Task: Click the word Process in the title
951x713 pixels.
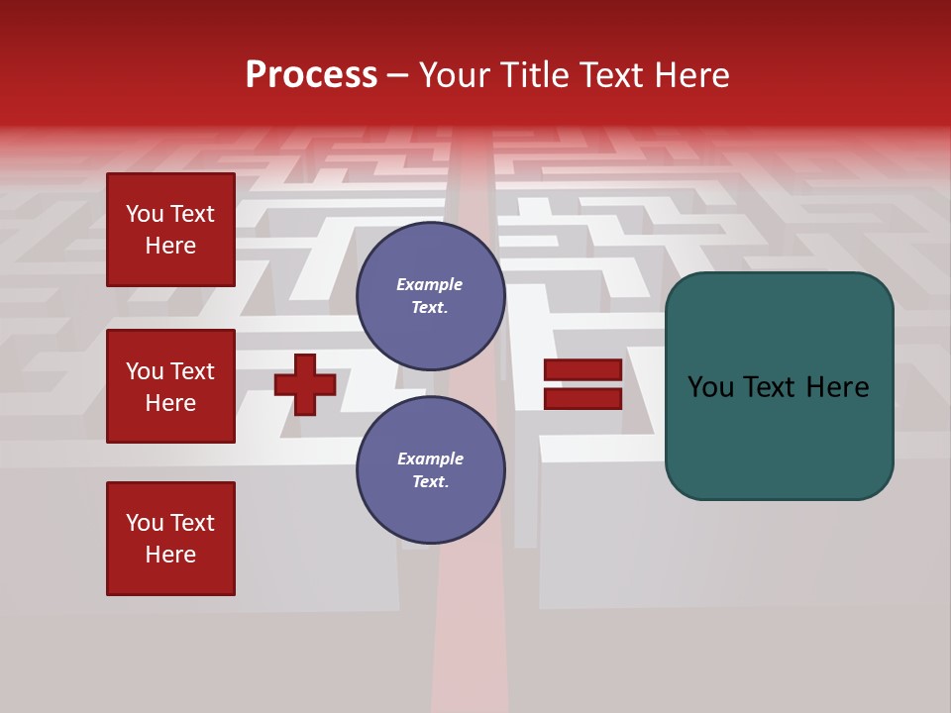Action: pos(311,75)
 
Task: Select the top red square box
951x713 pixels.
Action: pos(170,230)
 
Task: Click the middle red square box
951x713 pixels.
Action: pos(170,386)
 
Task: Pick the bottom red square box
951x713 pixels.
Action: pos(170,539)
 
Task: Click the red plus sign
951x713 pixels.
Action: pos(305,384)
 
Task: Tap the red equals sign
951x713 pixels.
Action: pos(582,384)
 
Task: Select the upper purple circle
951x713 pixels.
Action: pos(430,296)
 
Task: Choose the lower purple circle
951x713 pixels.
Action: pos(430,470)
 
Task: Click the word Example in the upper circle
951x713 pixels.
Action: pos(430,284)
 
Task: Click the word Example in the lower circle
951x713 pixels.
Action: pos(430,458)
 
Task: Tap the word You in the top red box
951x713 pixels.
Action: pos(145,214)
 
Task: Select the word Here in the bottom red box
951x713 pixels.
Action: pos(170,555)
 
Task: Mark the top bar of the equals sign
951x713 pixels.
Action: pos(582,370)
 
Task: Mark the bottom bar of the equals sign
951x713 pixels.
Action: pos(582,398)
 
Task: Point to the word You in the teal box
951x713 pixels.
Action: pos(710,387)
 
